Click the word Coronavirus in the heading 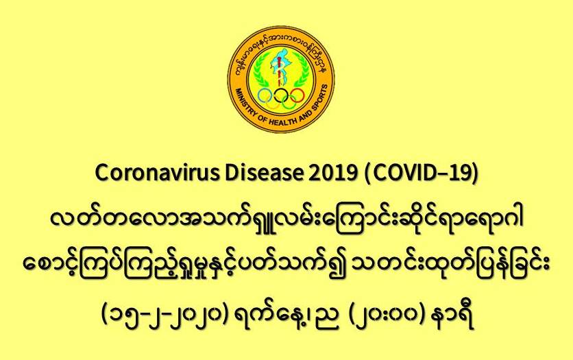(158, 173)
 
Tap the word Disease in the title (263, 173)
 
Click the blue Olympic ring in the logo (265, 96)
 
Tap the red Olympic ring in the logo (297, 96)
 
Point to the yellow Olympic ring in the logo (273, 103)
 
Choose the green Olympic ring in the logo (289, 103)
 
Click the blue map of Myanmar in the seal (279, 64)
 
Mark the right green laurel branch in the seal (301, 70)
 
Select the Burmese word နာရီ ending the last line (454, 316)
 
